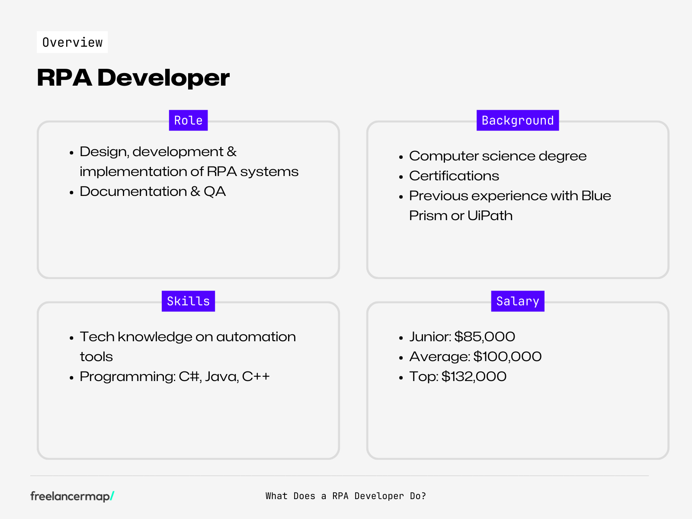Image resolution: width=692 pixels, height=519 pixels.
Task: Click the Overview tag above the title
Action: pyautogui.click(x=72, y=42)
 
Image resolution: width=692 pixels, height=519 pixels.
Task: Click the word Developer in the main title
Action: pyautogui.click(x=163, y=78)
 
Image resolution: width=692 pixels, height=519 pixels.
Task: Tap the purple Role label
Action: pyautogui.click(x=188, y=120)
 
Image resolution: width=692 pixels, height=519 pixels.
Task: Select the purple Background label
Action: pyautogui.click(x=517, y=120)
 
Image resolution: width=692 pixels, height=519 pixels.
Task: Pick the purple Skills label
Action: pyautogui.click(x=188, y=301)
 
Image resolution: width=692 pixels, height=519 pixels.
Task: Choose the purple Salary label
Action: pyautogui.click(x=517, y=301)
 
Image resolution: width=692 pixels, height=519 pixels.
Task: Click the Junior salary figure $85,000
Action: pyautogui.click(x=484, y=336)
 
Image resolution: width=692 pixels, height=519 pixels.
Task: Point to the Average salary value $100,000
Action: pyautogui.click(x=507, y=356)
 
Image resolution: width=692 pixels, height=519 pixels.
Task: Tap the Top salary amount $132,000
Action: pyautogui.click(x=474, y=376)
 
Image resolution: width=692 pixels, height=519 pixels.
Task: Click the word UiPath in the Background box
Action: pyautogui.click(x=490, y=215)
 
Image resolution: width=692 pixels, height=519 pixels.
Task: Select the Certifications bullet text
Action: pyautogui.click(x=454, y=176)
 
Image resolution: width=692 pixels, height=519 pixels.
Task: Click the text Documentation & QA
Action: pyautogui.click(x=153, y=191)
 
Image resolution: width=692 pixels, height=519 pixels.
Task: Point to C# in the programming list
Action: pyautogui.click(x=189, y=376)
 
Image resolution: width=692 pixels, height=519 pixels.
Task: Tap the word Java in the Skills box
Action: pyautogui.click(x=221, y=376)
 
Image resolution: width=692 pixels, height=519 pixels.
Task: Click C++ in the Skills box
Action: pyautogui.click(x=256, y=376)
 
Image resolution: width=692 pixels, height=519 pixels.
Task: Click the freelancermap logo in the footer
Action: pyautogui.click(x=72, y=496)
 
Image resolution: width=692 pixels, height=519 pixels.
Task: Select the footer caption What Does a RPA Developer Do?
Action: pyautogui.click(x=346, y=496)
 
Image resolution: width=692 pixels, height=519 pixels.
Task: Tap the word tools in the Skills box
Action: pyautogui.click(x=96, y=357)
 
